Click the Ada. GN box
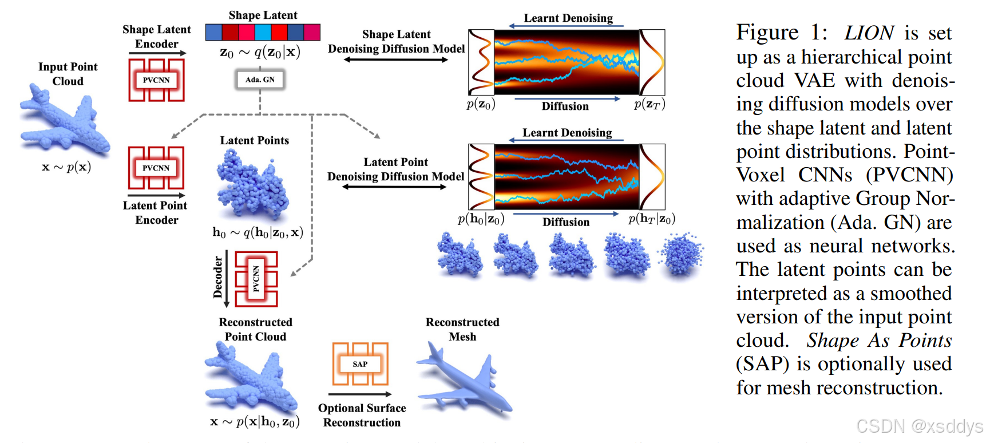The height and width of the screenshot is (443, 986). tap(260, 80)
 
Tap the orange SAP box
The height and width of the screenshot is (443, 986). tap(360, 364)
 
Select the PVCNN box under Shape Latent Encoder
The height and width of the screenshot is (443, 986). tap(156, 80)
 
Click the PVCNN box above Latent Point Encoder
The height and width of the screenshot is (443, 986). tap(156, 168)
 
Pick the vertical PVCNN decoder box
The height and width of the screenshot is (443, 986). tap(256, 279)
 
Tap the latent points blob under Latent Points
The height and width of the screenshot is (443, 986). tap(252, 184)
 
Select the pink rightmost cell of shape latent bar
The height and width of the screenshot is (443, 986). tap(312, 32)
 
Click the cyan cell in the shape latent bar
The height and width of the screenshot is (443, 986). tap(263, 32)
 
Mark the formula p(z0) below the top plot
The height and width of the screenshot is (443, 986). tap(481, 105)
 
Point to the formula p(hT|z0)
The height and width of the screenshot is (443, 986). tap(652, 219)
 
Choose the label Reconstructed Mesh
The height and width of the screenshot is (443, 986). tap(462, 329)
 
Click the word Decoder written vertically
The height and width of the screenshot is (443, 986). tap(217, 278)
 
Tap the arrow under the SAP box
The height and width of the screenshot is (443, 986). tap(360, 394)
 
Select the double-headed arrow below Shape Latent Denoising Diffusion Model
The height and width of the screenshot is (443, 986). tap(396, 60)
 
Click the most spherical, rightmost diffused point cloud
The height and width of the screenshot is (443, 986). tap(681, 254)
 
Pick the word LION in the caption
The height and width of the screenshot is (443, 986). tap(869, 33)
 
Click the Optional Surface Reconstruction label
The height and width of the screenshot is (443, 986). tap(362, 415)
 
